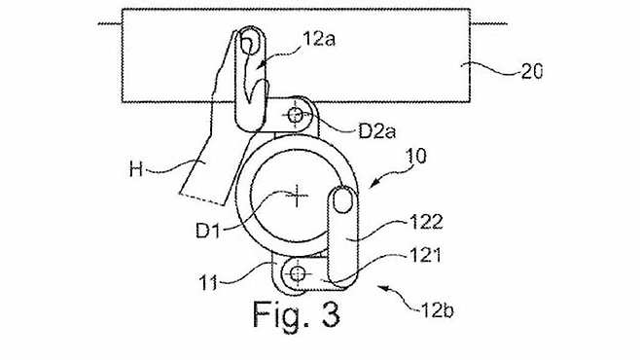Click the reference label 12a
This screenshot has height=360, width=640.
[x=319, y=40]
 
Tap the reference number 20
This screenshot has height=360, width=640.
[x=532, y=72]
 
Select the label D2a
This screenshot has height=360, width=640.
[x=376, y=131]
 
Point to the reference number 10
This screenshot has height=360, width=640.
[x=416, y=157]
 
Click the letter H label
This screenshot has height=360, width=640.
[x=136, y=169]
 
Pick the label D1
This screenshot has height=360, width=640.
[x=208, y=231]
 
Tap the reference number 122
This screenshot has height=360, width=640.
[x=426, y=223]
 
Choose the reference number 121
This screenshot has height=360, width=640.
[x=425, y=256]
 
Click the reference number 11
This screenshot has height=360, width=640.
[x=208, y=283]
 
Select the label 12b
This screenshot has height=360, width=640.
[x=437, y=311]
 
